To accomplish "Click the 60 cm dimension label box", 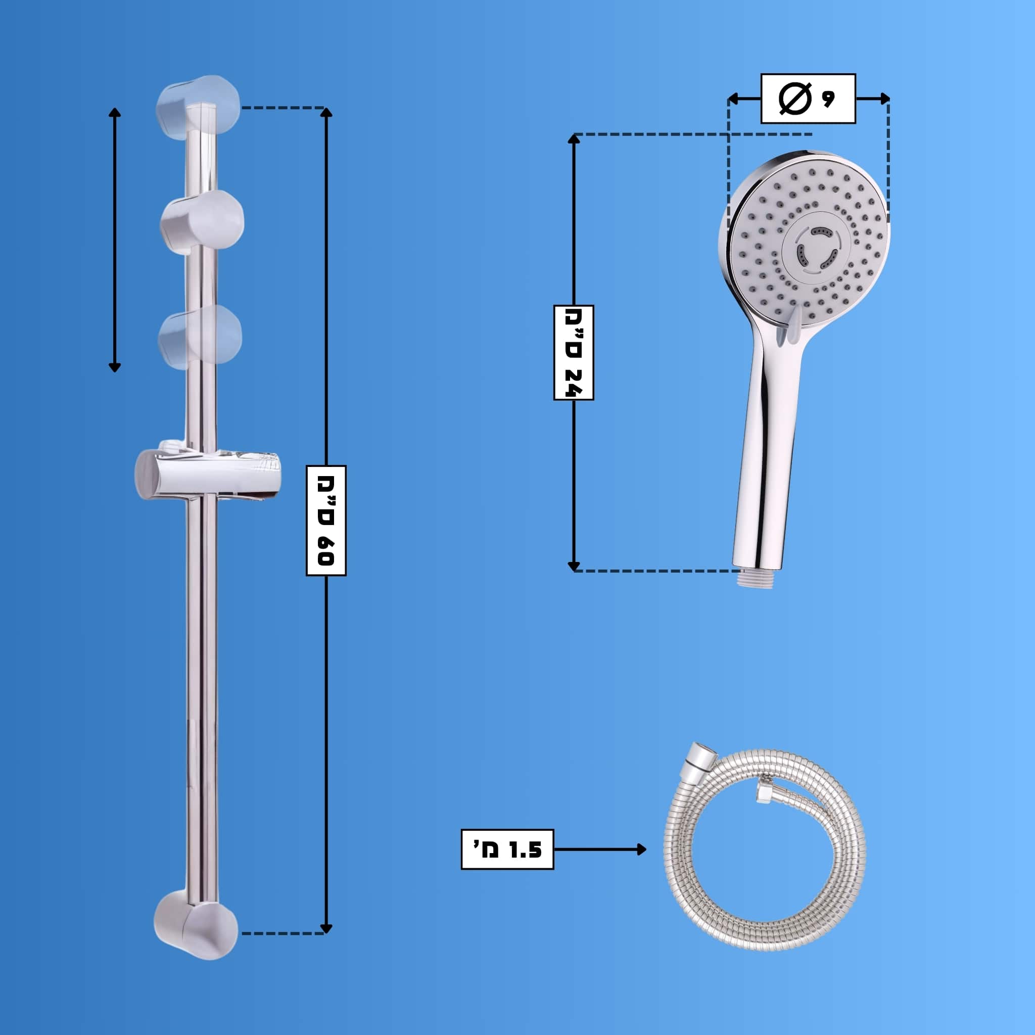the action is [x=326, y=520].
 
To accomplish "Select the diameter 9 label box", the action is [x=808, y=99].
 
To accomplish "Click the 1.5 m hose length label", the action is [x=507, y=849].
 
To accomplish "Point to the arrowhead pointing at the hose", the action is [x=642, y=849].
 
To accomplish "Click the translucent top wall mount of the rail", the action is [x=198, y=107].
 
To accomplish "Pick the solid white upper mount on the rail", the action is [x=203, y=222].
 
